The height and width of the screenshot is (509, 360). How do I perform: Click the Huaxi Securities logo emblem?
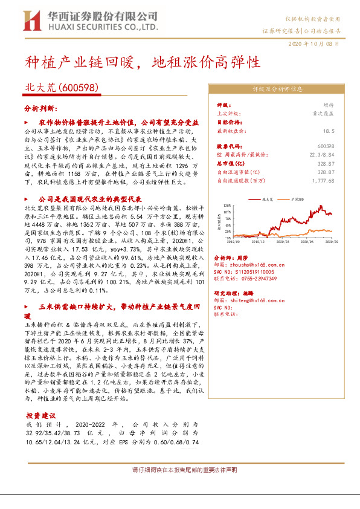[32, 20]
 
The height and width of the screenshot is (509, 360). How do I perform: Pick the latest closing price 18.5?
[329, 130]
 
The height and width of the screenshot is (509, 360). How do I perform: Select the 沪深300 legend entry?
[295, 199]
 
